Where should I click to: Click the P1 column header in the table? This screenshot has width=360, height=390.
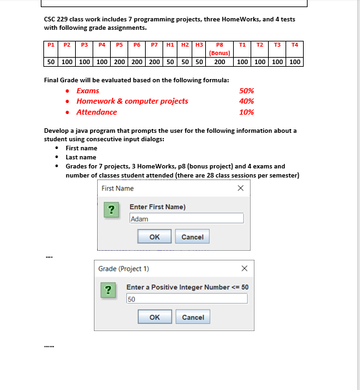[x=51, y=45]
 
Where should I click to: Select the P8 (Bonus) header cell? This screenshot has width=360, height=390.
[x=219, y=49]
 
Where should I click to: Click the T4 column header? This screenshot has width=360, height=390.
[x=295, y=45]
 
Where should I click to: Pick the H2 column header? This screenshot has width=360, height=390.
[x=185, y=45]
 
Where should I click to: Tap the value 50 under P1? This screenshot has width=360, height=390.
[x=51, y=62]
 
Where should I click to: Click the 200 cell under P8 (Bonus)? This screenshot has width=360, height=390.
[x=219, y=62]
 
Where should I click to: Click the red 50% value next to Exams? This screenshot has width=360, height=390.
[x=246, y=91]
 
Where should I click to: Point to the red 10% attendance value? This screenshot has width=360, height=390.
[x=246, y=112]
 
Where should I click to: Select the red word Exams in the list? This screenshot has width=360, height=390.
[x=88, y=91]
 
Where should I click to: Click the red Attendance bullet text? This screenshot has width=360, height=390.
[x=96, y=112]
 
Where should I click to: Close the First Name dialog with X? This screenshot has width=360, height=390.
[x=240, y=188]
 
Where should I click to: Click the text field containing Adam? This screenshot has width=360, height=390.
[x=186, y=219]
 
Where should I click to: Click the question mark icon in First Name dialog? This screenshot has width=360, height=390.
[x=111, y=211]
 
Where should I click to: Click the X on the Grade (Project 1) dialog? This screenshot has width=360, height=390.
[x=244, y=268]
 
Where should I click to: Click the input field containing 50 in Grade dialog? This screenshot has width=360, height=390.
[x=186, y=299]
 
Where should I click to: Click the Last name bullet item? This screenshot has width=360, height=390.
[x=81, y=157]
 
